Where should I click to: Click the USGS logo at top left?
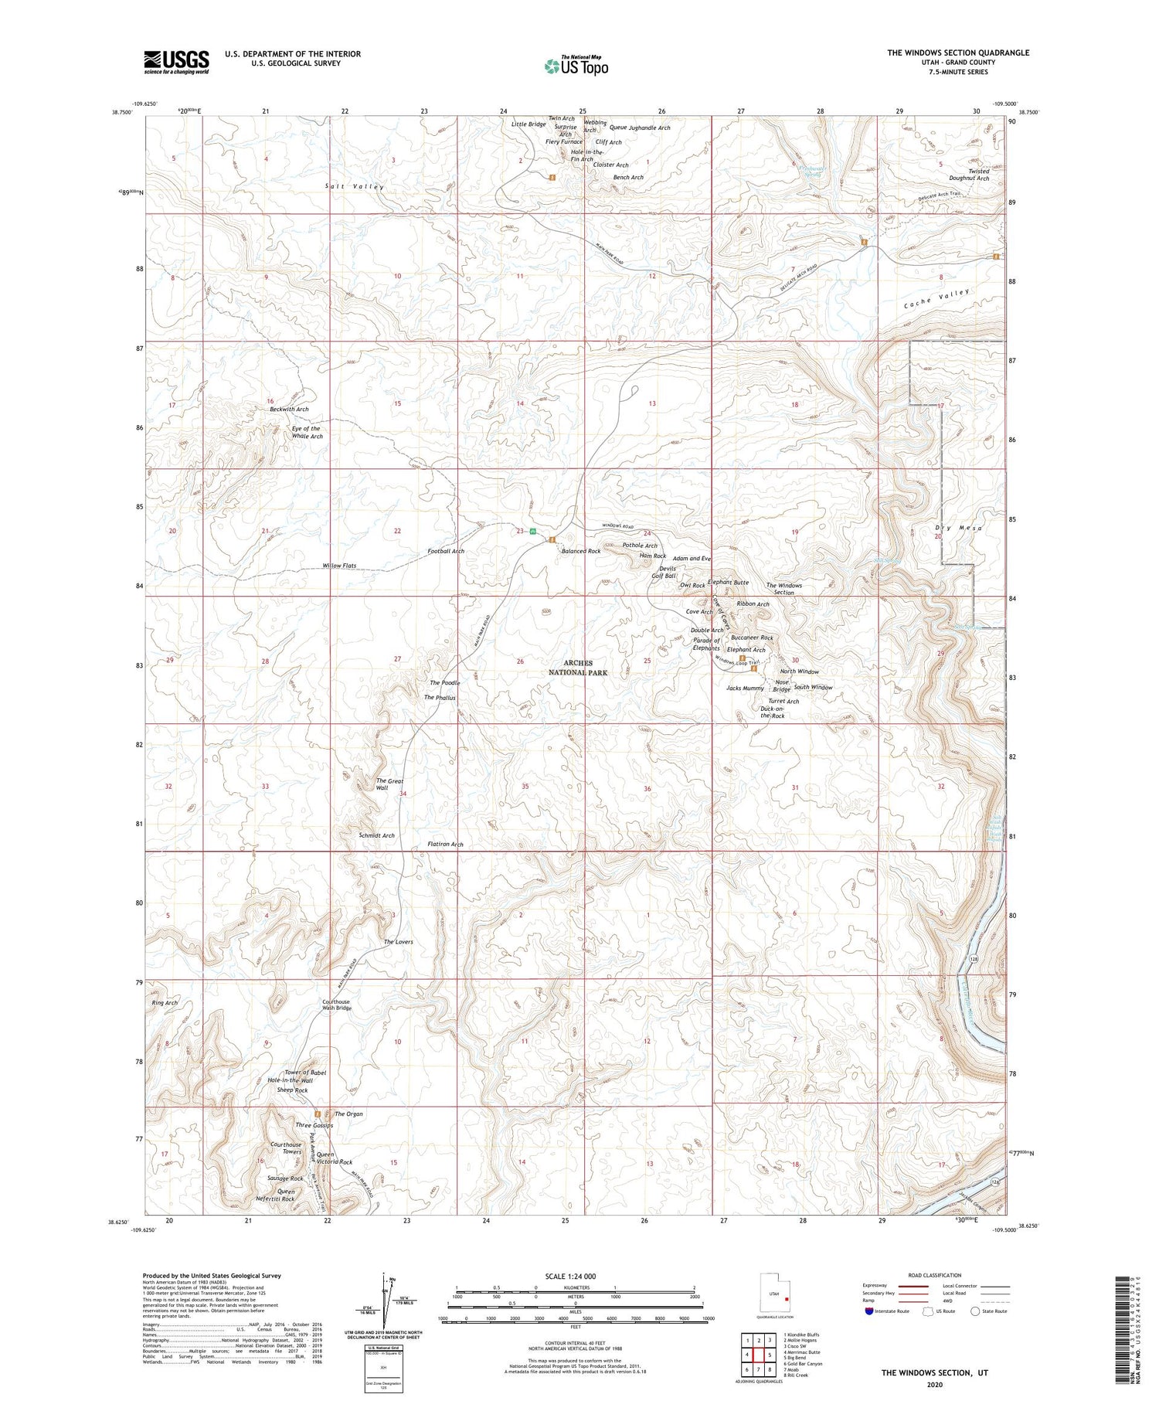point(176,62)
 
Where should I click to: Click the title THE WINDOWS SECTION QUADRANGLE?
point(957,53)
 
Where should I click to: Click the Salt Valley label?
point(354,187)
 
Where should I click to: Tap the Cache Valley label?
point(936,298)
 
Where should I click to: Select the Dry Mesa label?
point(957,528)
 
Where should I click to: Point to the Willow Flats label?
point(339,566)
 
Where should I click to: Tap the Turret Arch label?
point(783,701)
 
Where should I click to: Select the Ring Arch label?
point(165,1002)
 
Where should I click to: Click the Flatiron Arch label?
point(445,844)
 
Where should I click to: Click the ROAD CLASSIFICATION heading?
point(935,1275)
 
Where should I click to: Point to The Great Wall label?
point(389,784)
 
